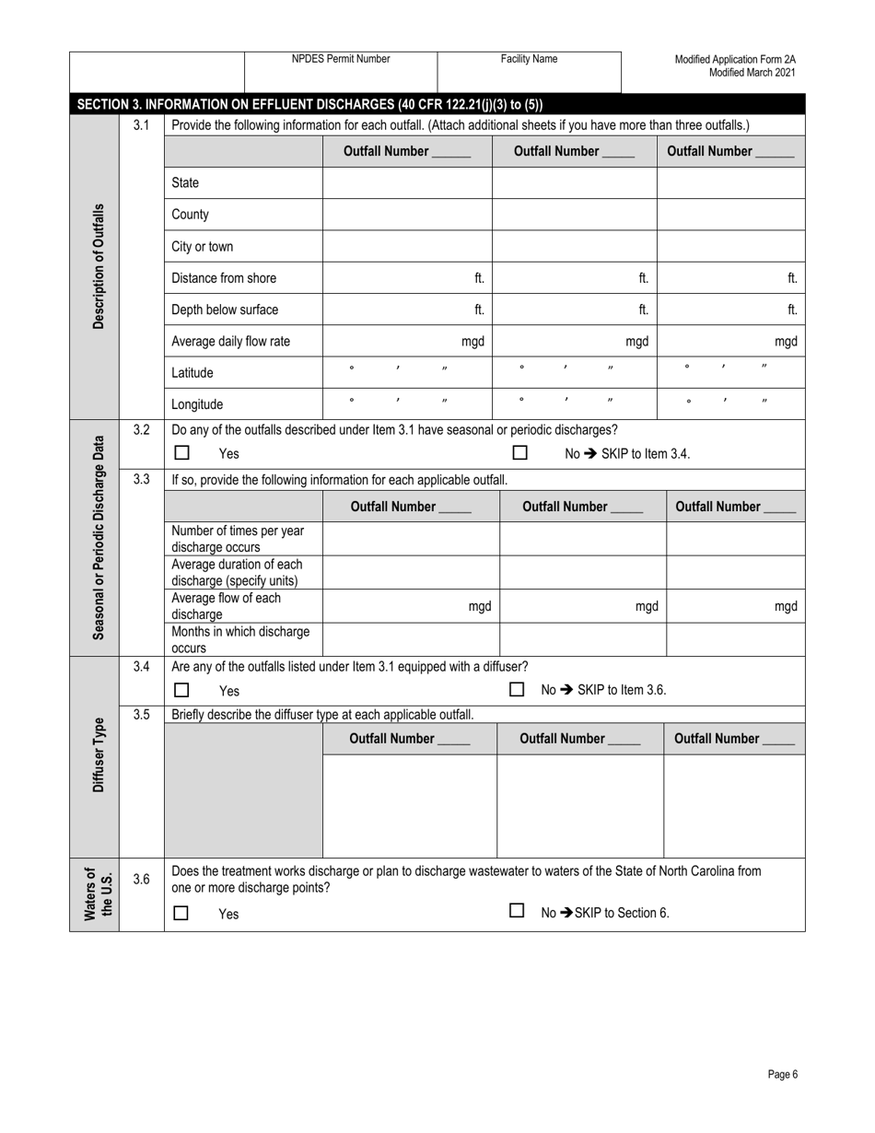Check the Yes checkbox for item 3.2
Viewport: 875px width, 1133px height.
[182, 453]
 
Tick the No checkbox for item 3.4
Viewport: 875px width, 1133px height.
[517, 689]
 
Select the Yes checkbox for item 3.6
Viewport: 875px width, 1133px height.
[181, 913]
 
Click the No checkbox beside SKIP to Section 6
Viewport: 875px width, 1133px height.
[517, 911]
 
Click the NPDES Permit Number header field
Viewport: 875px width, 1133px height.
[340, 71]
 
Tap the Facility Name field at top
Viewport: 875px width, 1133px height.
[529, 71]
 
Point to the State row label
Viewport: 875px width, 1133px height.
[185, 183]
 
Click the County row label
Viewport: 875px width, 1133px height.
[191, 215]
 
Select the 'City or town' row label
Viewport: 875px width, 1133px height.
[203, 247]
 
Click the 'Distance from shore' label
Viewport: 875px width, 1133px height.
[224, 278]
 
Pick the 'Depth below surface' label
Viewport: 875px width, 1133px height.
[225, 310]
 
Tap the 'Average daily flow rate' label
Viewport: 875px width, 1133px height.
[230, 342]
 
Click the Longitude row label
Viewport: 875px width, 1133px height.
[197, 404]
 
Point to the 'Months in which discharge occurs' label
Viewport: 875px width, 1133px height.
[240, 639]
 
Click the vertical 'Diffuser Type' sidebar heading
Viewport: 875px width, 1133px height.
[99, 755]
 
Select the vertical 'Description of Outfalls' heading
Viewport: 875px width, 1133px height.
[99, 266]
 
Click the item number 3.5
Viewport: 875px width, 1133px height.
[141, 714]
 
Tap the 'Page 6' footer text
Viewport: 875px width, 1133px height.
[782, 1074]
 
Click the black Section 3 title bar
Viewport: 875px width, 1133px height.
[437, 104]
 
